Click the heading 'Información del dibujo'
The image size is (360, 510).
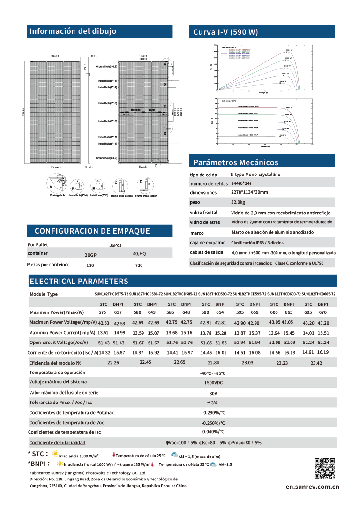point(73,31)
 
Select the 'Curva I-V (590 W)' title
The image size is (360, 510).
point(226,32)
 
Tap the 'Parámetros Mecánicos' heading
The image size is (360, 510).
point(236,163)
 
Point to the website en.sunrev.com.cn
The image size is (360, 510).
point(312,487)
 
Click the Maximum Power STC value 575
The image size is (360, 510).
point(102,312)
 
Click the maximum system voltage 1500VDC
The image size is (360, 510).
point(213,382)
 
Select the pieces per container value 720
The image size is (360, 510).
point(139,266)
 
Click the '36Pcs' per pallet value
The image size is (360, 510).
point(115,245)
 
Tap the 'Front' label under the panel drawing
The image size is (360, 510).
point(56,167)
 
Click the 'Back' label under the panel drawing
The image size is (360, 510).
point(143,167)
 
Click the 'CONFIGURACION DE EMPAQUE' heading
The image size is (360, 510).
point(92,231)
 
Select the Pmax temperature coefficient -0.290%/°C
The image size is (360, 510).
point(213,413)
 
